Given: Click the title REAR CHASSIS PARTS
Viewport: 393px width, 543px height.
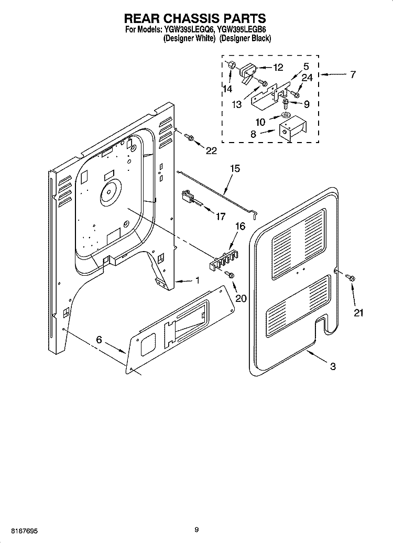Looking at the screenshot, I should point(195,19).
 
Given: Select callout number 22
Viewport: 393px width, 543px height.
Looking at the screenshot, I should point(211,151).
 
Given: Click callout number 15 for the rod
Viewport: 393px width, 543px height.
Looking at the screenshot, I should point(235,168).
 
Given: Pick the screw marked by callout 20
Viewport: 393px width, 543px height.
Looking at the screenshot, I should point(229,275).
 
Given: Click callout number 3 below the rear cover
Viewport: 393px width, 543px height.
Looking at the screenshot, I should point(333,367).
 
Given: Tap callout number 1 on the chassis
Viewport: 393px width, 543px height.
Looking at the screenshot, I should point(197,281).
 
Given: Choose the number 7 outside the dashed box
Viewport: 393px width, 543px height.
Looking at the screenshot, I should point(353,74).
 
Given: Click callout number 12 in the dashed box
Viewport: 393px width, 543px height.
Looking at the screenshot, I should point(278,67).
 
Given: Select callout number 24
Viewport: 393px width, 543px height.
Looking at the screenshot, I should point(307,78).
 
